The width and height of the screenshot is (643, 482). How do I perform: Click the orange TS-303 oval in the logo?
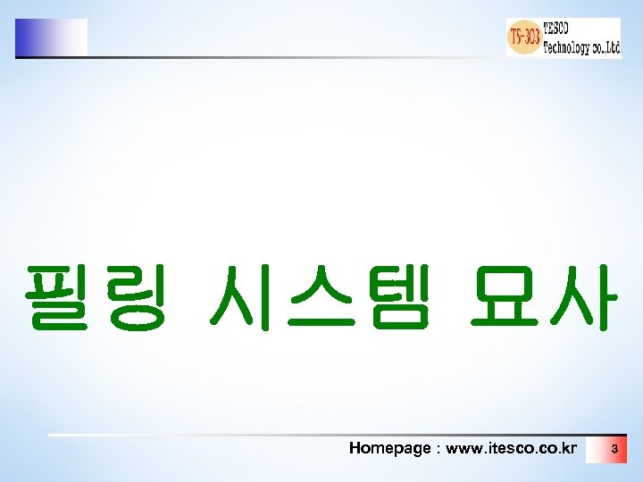coord(525,37)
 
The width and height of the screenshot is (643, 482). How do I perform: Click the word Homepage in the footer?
coord(389,448)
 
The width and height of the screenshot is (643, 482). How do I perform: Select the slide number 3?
coord(614,449)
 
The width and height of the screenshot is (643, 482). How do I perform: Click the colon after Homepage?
coord(437,449)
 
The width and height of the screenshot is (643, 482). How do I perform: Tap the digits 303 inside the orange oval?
coord(531,37)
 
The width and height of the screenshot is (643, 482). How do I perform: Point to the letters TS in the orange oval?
coord(516,37)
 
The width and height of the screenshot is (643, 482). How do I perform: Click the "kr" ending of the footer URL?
coord(569,448)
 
